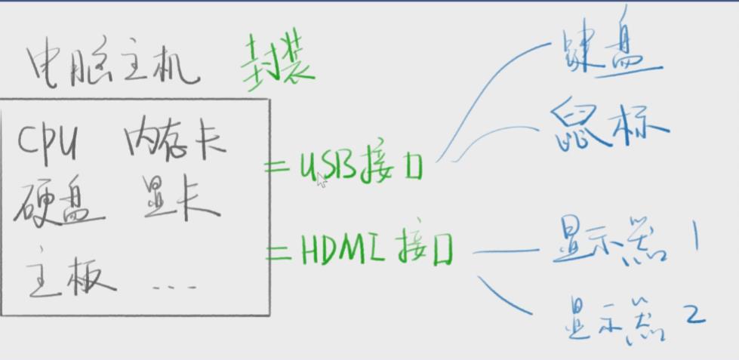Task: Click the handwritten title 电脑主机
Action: [113, 66]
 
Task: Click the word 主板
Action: [70, 276]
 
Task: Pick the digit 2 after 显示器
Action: [692, 313]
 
